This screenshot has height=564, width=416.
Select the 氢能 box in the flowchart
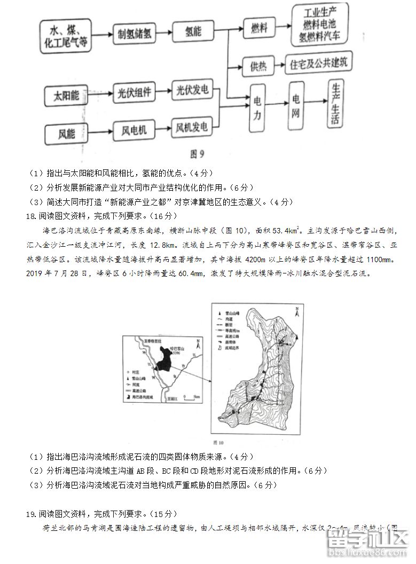(191, 32)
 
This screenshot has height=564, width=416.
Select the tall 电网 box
(296, 106)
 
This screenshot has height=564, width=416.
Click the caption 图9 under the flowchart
(198, 154)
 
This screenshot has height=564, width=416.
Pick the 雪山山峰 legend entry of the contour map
(232, 309)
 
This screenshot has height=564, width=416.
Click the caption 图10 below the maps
(218, 443)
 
